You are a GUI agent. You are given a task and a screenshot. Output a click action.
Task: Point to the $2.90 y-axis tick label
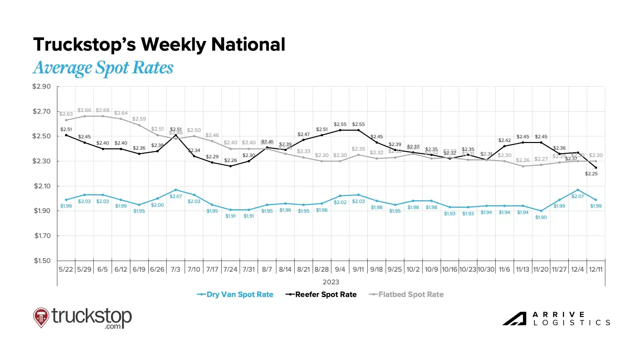point(42,87)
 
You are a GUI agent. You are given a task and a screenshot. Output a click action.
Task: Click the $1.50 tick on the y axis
point(42,261)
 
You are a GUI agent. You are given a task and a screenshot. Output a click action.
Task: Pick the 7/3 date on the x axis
point(175,269)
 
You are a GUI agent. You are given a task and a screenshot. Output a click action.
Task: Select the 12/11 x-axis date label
point(596,269)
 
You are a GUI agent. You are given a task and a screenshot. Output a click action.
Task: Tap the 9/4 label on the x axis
point(340,269)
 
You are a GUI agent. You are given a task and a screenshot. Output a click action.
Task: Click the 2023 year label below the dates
point(331,282)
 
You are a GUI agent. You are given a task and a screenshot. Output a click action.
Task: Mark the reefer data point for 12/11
point(596,168)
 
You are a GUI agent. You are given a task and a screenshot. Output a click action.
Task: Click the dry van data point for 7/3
point(176,190)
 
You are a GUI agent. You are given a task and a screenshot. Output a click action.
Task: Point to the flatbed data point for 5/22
point(66,120)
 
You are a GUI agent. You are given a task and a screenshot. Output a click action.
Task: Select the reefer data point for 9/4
point(340,130)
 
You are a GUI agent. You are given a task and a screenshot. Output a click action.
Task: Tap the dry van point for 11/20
point(541,211)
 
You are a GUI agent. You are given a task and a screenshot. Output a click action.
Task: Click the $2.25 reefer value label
point(591,174)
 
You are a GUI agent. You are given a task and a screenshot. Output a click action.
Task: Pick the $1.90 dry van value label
point(541,217)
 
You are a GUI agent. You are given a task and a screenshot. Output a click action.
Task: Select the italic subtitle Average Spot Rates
point(103,68)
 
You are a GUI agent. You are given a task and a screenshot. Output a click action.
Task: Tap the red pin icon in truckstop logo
point(41,317)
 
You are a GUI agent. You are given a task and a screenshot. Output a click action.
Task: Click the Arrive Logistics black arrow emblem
point(514,319)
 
